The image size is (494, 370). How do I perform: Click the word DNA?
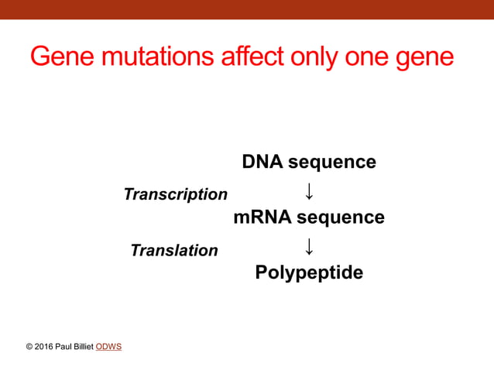262,162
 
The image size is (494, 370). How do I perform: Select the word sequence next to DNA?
332,162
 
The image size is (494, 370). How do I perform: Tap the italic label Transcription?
176,194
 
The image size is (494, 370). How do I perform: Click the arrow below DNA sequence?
308,190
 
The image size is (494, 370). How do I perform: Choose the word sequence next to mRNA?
341,218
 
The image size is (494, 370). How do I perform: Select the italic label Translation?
174,250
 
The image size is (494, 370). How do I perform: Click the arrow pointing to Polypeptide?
308,246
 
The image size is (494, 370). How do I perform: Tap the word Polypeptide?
309,272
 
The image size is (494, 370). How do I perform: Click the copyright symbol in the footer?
29,347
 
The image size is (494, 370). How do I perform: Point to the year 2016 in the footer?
44,347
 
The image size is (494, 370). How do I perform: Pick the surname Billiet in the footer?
84,347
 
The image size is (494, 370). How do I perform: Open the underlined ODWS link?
108,347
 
